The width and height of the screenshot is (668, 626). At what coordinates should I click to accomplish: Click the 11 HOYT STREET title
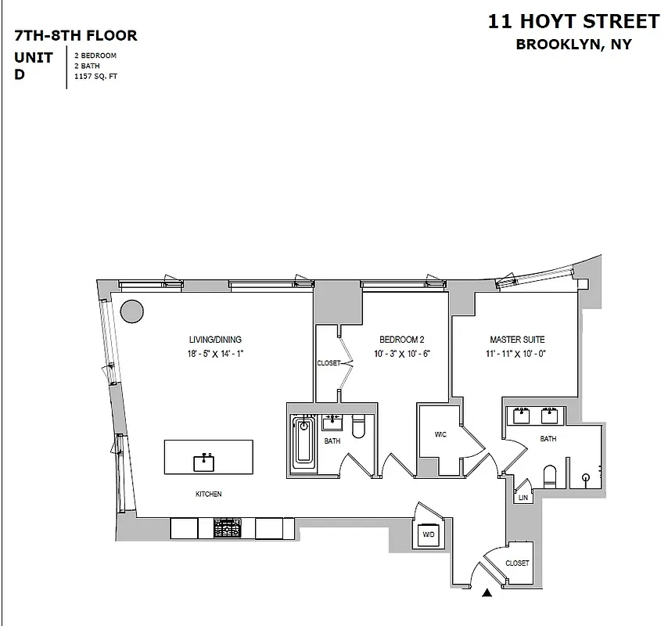573,20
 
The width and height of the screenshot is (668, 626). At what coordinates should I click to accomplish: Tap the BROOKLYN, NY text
573,45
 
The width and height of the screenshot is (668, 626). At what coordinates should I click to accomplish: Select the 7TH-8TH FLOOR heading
76,35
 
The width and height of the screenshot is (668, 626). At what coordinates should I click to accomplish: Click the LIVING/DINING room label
215,340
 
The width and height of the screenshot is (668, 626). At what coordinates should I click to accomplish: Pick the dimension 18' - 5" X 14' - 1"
215,354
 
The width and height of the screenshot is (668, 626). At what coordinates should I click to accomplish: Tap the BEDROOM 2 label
401,340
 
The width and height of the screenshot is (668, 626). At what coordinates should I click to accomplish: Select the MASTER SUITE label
517,340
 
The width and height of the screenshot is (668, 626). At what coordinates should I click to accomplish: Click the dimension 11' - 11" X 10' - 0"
517,354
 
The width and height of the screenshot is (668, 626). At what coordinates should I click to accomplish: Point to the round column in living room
132,311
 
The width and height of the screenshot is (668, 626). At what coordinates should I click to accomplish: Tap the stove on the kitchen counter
228,528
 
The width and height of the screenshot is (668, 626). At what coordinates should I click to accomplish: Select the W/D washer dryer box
429,534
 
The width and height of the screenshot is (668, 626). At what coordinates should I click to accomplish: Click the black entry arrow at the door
488,594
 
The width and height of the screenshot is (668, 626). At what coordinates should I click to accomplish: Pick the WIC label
440,435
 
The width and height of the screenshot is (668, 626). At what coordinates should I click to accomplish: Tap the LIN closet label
523,498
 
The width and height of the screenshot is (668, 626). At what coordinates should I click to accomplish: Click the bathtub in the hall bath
303,445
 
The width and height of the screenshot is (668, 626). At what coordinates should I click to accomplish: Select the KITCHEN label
209,495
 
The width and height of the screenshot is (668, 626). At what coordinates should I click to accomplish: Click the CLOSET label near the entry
517,563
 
